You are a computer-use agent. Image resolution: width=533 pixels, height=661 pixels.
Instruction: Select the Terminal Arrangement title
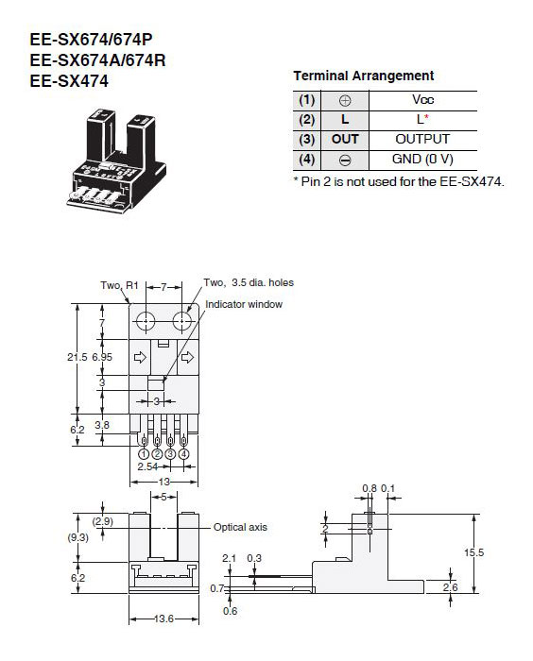[x=363, y=76]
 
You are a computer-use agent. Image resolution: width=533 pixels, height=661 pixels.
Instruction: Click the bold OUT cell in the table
[x=345, y=139]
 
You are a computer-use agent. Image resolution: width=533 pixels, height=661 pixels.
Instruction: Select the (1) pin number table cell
[x=306, y=99]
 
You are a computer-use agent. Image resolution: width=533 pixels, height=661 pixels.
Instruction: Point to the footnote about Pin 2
[x=399, y=180]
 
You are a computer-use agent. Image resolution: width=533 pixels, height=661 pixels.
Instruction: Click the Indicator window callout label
[x=246, y=304]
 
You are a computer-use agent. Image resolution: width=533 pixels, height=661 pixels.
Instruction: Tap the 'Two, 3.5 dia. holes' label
[x=249, y=282]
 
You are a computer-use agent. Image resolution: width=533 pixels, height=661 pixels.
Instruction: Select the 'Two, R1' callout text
[x=119, y=284]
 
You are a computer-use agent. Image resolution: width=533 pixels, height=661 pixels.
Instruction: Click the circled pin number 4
[x=183, y=453]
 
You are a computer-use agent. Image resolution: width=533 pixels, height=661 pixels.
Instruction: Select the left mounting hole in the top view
[x=145, y=322]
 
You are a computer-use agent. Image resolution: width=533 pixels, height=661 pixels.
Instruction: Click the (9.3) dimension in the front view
[x=80, y=537]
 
